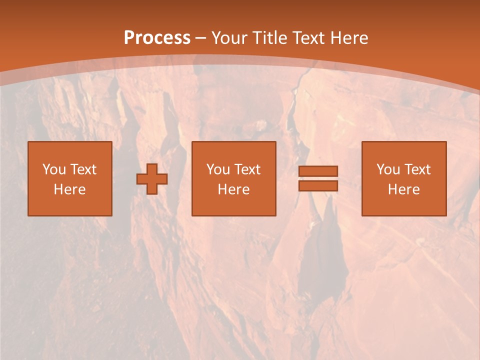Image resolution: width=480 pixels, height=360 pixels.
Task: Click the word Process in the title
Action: coord(157,38)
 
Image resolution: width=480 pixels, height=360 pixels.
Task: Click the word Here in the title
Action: coord(349,38)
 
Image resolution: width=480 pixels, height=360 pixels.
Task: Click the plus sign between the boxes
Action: coord(152,179)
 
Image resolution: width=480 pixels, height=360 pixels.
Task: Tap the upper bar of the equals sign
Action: coord(318,171)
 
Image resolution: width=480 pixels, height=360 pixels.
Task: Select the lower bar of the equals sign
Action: coord(318,186)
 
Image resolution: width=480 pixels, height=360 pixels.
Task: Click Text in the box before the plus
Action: coord(83,169)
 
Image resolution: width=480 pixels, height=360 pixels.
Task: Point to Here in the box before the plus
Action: coord(70,189)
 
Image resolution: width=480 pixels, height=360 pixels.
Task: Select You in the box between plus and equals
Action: coord(218,169)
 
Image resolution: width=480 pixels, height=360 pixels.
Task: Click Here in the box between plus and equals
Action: coord(234,189)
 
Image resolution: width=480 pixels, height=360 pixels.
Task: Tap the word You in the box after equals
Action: coord(388,169)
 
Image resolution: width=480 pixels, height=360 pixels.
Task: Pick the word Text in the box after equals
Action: coord(417,169)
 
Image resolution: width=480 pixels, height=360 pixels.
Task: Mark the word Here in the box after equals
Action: coord(404,189)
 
